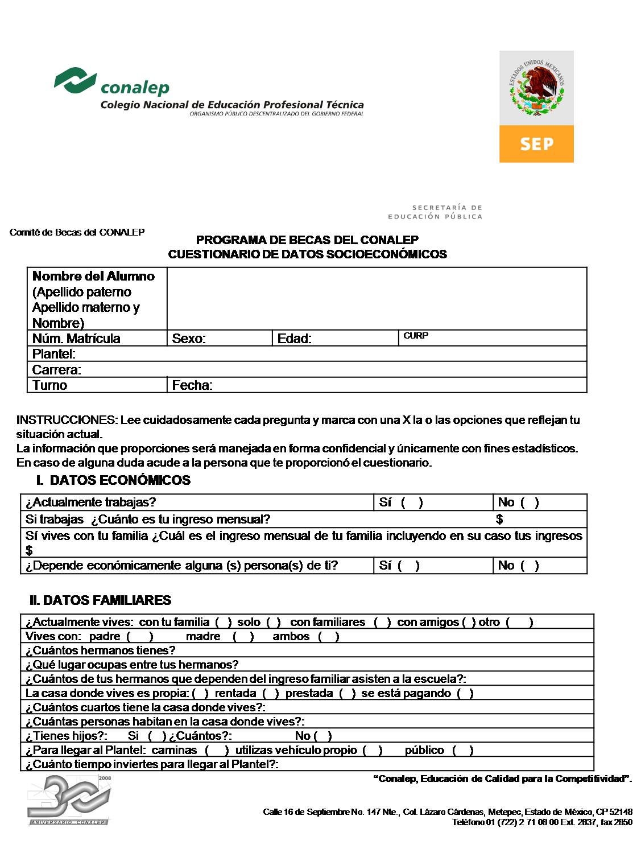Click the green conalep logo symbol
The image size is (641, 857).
pos(75,80)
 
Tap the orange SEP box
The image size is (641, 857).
pos(536,144)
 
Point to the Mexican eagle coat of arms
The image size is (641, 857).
pos(536,89)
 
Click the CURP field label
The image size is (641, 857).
pos(416,336)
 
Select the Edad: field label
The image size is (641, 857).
pos(294,339)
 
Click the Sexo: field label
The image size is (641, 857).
pos(189,339)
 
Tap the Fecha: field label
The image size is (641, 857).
pos(192,385)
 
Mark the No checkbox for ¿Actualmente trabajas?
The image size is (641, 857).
pos(530,502)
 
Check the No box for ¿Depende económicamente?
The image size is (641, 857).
pos(530,566)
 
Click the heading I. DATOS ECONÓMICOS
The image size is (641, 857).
pos(113,480)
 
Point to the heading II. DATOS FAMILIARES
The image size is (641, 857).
pos(100,600)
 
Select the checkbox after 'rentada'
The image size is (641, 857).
pos(271,693)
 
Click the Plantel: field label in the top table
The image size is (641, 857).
pos(54,354)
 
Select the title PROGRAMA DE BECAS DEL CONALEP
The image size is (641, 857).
pos(307,240)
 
